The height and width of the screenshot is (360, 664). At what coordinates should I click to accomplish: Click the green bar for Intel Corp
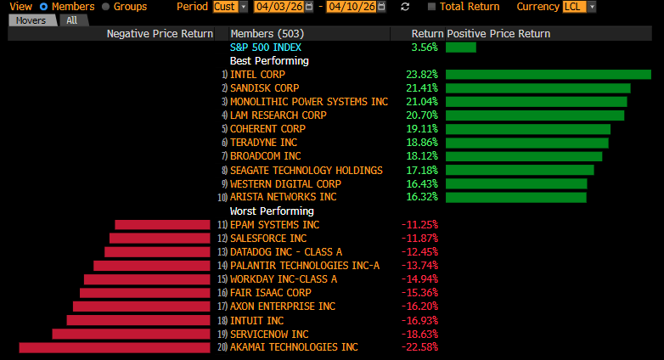tap(548, 75)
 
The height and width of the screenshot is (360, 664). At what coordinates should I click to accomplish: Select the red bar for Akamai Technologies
tap(114, 347)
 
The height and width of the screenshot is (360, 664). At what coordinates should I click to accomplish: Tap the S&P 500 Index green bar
tap(460, 48)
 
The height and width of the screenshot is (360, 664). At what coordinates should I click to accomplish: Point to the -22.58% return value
tap(419, 347)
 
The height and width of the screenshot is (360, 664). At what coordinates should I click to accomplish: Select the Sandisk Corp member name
tap(265, 88)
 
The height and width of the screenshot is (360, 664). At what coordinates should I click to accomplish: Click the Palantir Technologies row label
tap(305, 266)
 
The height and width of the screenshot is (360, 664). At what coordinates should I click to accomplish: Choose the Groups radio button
tap(105, 7)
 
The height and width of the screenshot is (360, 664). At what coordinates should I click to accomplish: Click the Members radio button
tap(43, 7)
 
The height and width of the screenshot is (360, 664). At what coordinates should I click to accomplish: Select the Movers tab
tap(32, 20)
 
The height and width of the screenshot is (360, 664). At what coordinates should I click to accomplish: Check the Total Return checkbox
tap(432, 7)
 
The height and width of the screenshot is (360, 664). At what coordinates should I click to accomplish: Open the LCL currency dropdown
tap(579, 7)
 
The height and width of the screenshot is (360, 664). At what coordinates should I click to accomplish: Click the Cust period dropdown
tap(230, 7)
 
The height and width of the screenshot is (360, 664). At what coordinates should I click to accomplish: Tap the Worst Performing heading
tap(272, 211)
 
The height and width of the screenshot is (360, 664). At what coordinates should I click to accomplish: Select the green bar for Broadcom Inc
tap(523, 156)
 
